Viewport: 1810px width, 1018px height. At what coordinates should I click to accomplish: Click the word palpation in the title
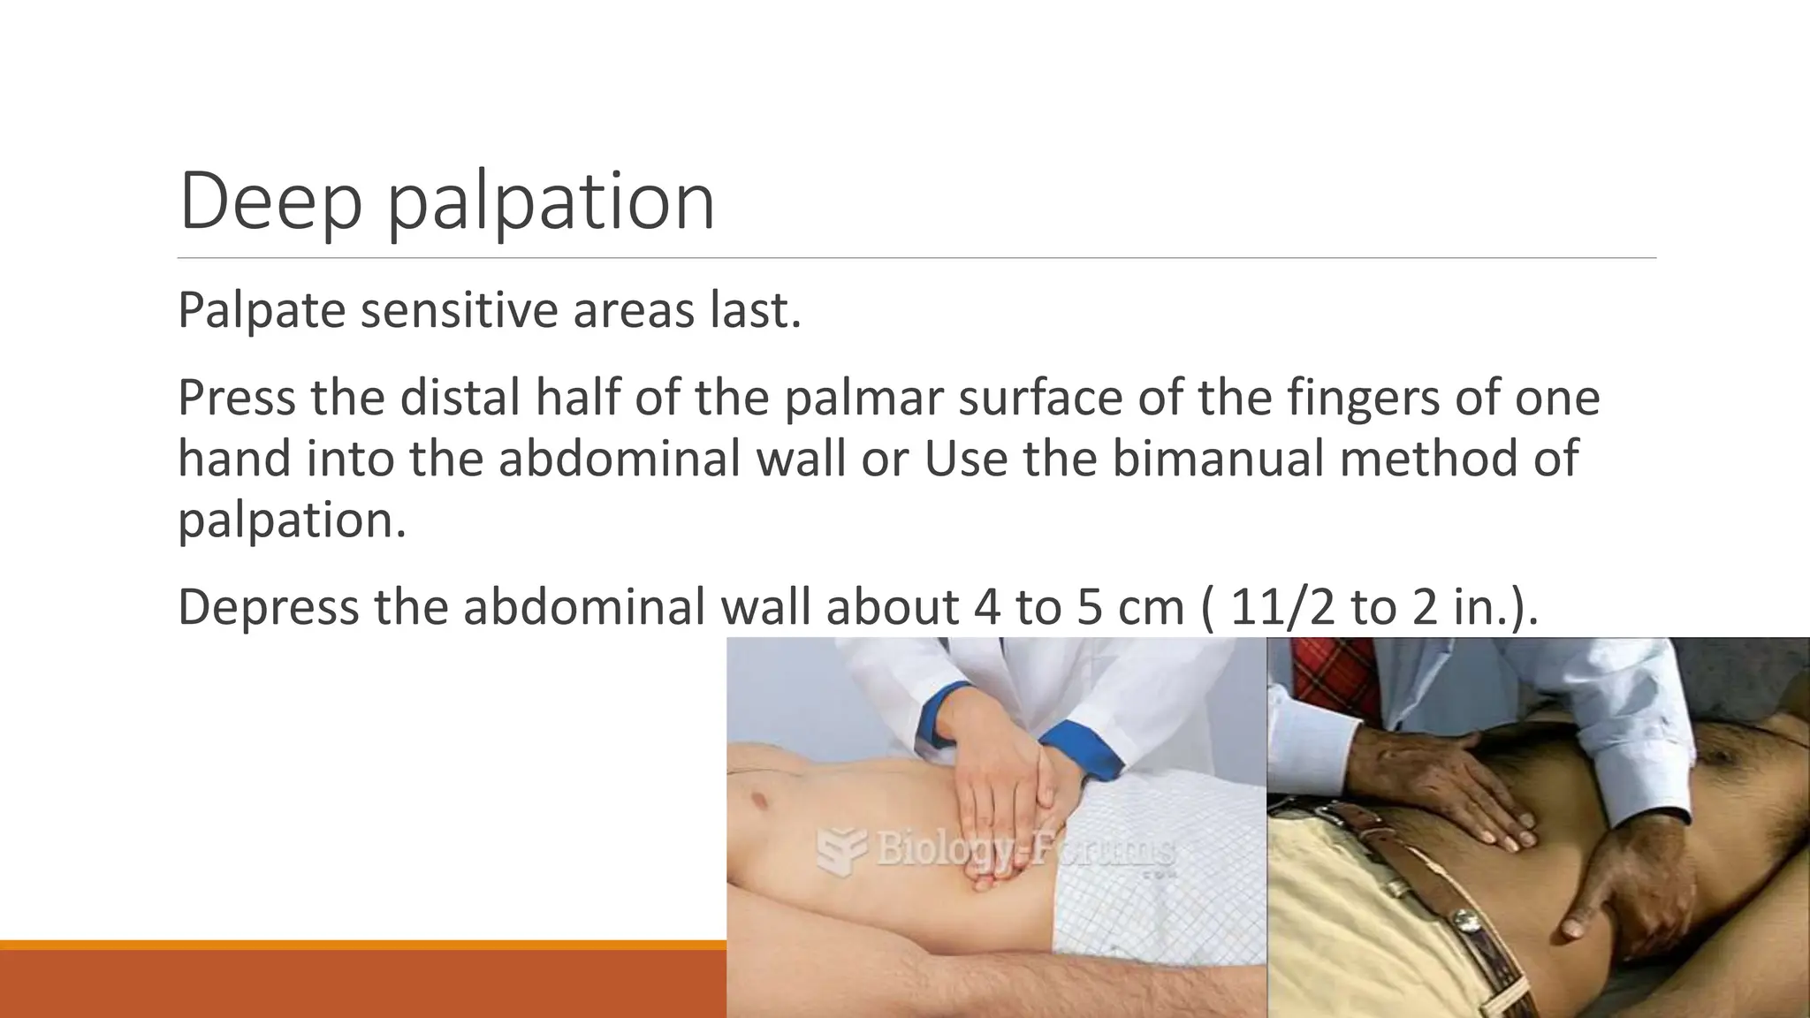tap(551, 205)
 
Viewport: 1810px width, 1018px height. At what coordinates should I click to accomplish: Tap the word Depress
tap(269, 607)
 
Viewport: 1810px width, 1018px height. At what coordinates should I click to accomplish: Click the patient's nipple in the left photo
tap(757, 801)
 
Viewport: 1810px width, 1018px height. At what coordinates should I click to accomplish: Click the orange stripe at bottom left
tap(362, 945)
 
